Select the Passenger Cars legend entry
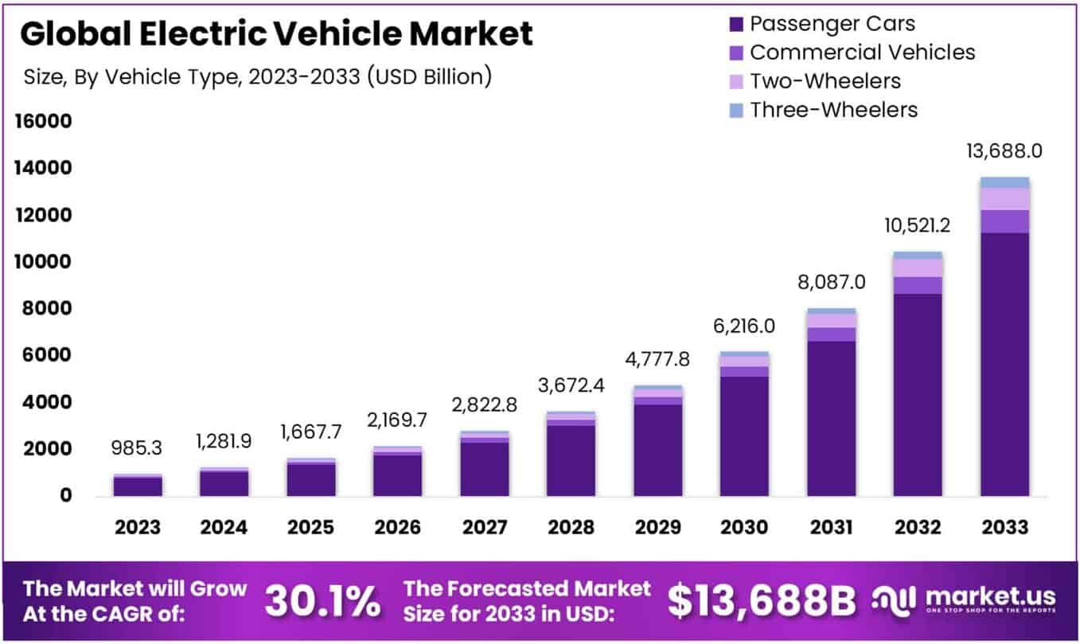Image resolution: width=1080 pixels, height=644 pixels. (x=832, y=23)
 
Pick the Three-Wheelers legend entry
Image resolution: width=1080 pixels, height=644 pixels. (x=834, y=109)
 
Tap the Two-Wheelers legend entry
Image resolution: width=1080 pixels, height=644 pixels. (x=825, y=80)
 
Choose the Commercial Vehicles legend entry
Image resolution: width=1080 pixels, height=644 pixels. (x=862, y=52)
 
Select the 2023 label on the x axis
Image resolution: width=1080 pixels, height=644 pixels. (x=137, y=527)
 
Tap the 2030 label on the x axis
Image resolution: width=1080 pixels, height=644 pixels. (x=744, y=527)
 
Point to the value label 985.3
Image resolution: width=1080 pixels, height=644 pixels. (x=137, y=448)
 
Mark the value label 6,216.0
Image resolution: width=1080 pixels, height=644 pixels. (x=744, y=326)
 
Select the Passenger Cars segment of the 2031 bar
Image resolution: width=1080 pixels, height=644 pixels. (x=831, y=418)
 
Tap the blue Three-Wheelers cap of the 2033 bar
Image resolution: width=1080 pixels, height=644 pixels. (x=1004, y=181)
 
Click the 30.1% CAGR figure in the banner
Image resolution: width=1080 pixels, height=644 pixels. (x=322, y=602)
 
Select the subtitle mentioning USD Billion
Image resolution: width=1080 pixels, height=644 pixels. (x=255, y=76)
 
